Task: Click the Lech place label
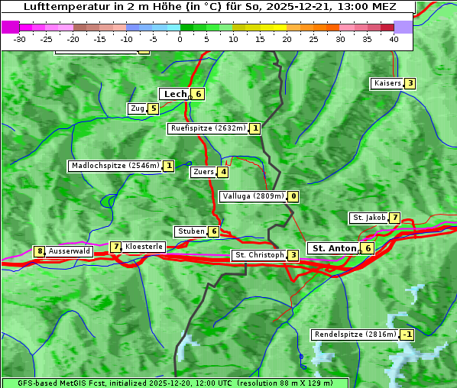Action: [175, 94]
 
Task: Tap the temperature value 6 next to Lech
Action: [199, 94]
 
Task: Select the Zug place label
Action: [138, 108]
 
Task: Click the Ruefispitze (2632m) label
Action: [208, 128]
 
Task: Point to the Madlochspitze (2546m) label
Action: [115, 166]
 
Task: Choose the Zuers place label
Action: [203, 173]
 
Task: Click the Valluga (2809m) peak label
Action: [253, 196]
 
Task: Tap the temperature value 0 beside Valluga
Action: [293, 196]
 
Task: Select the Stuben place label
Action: [190, 231]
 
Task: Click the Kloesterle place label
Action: [144, 247]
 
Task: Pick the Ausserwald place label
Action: [70, 251]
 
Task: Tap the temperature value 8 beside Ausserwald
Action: [39, 251]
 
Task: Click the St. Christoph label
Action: [259, 255]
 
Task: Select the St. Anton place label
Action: [334, 248]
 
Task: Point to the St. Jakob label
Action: [369, 218]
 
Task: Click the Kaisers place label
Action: [387, 83]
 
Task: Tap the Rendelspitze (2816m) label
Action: [355, 335]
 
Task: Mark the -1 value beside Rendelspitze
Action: [407, 335]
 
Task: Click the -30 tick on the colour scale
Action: [20, 38]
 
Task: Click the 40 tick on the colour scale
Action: [394, 38]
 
